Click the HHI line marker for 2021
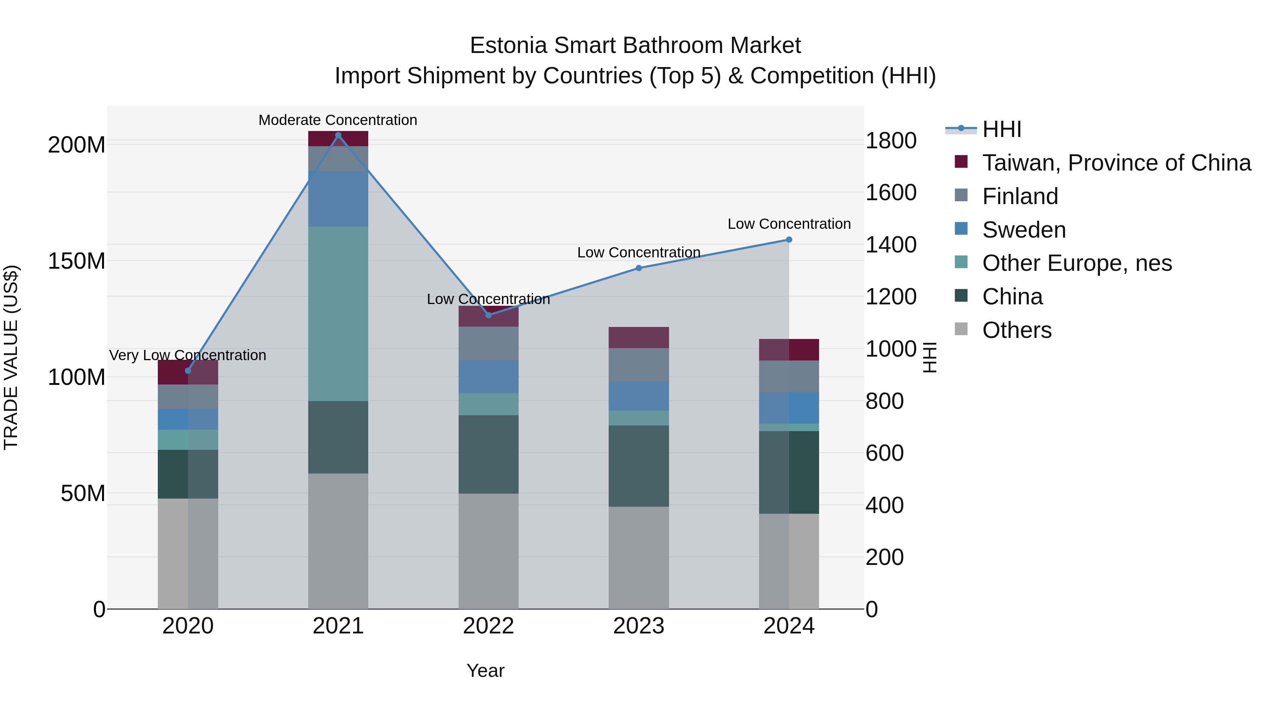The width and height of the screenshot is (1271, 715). coord(338,135)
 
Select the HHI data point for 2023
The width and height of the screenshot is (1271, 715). coord(638,268)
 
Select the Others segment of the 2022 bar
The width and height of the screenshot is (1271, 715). coord(489,551)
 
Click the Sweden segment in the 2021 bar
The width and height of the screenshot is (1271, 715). coord(338,199)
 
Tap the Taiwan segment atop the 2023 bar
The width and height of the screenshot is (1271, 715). coord(638,338)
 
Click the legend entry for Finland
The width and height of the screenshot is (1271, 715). coord(1020,196)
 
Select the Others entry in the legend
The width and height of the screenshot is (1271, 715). coord(1016,330)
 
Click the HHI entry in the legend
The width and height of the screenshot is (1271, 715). coord(1001,129)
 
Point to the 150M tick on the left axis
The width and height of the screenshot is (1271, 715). coord(77,261)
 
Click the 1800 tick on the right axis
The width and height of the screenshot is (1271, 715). coord(891,141)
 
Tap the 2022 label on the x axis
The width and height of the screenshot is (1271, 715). coord(489,626)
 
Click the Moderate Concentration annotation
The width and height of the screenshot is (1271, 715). coord(338,120)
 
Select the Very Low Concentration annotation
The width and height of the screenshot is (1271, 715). coord(187,355)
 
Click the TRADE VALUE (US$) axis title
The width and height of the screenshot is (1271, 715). coord(11,357)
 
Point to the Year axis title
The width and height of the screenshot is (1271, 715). coord(485,671)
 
